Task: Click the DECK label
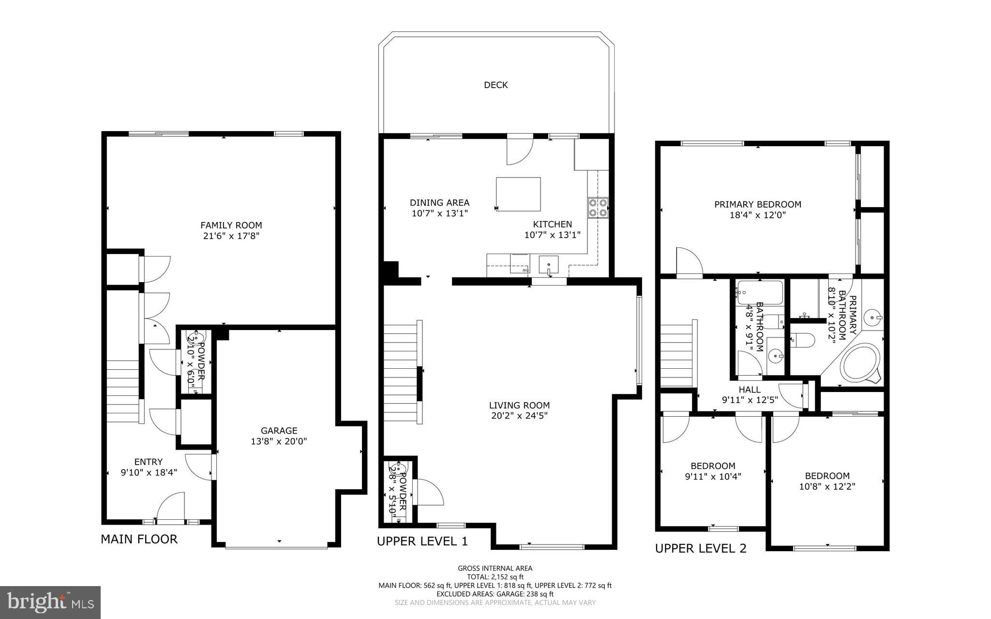click(x=495, y=85)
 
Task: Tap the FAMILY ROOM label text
click(x=231, y=225)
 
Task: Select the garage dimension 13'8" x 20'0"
click(x=279, y=441)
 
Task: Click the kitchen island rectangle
click(x=518, y=194)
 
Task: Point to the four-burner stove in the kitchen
click(x=598, y=207)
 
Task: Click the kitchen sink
click(x=549, y=266)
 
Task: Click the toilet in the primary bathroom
click(x=804, y=340)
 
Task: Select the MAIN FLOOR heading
click(x=139, y=539)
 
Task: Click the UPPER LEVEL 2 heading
click(x=700, y=548)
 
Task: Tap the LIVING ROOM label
click(x=519, y=406)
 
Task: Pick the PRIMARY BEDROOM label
click(x=757, y=205)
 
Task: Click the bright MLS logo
click(x=50, y=602)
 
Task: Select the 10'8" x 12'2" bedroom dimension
click(x=827, y=486)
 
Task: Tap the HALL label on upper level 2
click(x=749, y=390)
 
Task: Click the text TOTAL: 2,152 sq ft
click(x=495, y=577)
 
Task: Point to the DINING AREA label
click(x=439, y=203)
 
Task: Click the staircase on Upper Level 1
click(x=401, y=370)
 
